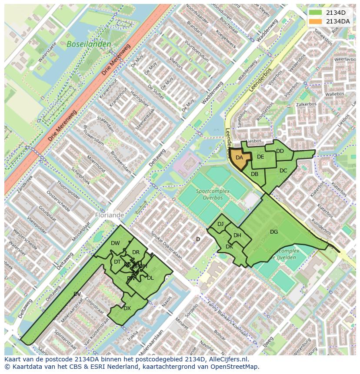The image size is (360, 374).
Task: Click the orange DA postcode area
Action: click(x=240, y=158)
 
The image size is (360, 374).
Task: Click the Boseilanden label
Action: click(x=89, y=44)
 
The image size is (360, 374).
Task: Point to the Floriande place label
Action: click(x=109, y=215)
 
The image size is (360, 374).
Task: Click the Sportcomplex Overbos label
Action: click(x=209, y=194)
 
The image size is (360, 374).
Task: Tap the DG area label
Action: click(x=273, y=232)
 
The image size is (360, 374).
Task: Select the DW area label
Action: click(x=115, y=243)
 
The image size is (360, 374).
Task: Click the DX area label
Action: click(x=127, y=308)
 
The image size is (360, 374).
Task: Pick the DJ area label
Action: click(x=220, y=224)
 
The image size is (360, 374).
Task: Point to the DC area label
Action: click(x=283, y=171)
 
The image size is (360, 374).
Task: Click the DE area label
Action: click(x=260, y=157)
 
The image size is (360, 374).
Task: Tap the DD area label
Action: click(x=280, y=151)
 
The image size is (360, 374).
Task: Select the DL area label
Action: click(x=150, y=278)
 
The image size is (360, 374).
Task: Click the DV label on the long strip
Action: click(x=77, y=294)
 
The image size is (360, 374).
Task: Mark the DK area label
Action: click(x=229, y=247)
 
